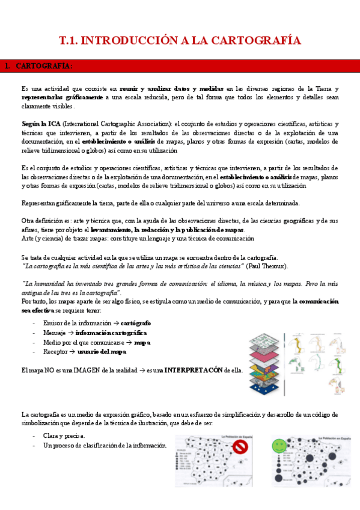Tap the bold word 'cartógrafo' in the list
tap(136, 323)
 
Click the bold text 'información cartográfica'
tap(111, 333)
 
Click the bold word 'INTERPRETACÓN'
tap(194, 370)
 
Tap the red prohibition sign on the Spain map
tap(240, 447)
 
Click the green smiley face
tap(278, 446)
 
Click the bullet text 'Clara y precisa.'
tap(64, 435)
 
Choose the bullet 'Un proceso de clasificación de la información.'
tap(105, 445)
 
